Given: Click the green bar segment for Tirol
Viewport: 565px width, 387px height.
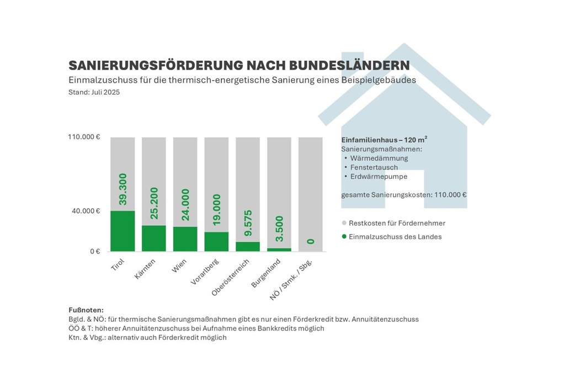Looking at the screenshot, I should coord(122,231).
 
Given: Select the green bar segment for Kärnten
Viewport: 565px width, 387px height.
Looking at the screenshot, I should coord(154,238).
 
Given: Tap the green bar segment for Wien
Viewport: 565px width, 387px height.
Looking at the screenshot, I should coord(185,238).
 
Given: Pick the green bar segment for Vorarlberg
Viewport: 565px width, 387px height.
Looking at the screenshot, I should coord(216,241).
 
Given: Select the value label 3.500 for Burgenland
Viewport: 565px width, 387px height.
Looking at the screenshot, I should coord(279,229).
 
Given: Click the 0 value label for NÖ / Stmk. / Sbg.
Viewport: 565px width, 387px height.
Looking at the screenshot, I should coord(311,241).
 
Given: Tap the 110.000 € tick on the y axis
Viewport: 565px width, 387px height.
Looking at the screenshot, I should coord(84,137).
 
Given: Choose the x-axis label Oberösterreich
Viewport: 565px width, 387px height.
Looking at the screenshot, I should coord(231,276).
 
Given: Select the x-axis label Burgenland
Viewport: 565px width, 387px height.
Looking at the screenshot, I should coord(266,272).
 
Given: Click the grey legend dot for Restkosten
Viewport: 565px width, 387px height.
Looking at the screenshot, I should coord(344,223).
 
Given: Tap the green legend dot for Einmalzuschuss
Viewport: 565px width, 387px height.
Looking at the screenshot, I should coord(344,236).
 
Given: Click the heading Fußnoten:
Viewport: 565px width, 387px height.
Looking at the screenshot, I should coord(86,310).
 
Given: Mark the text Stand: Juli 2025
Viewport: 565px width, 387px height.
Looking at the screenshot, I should coord(94,92).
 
